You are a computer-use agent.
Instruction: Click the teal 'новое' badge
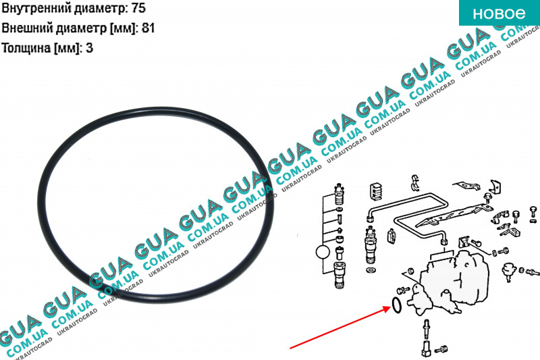500,13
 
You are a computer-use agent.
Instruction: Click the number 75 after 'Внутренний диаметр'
138,8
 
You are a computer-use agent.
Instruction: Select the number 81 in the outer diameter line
148,28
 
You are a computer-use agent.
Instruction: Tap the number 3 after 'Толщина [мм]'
89,47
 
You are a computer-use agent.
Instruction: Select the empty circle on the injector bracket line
323,252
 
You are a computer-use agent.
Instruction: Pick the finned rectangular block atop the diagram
377,191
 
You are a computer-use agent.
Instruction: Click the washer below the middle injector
371,269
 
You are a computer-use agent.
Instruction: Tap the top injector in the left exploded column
340,194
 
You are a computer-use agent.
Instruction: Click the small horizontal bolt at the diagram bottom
441,349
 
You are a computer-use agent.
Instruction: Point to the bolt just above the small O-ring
403,290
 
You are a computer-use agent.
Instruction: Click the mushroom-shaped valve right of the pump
508,271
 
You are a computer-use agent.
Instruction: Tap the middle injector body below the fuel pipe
370,245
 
